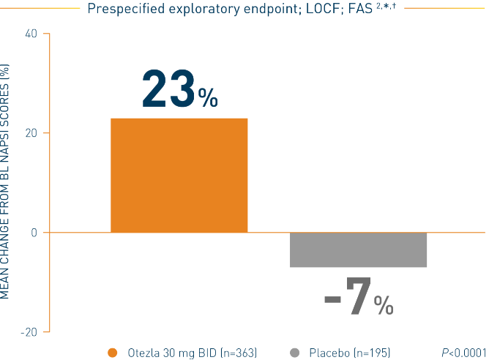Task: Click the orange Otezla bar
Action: pyautogui.click(x=179, y=175)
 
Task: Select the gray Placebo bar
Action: pyautogui.click(x=359, y=250)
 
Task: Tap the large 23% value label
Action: pyautogui.click(x=179, y=89)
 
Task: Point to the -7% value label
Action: pyautogui.click(x=358, y=297)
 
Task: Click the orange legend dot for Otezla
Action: pyautogui.click(x=112, y=353)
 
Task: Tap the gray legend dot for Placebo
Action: pyautogui.click(x=296, y=353)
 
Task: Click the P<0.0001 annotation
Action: pyautogui.click(x=464, y=353)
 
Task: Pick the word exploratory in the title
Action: pyautogui.click(x=195, y=9)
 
